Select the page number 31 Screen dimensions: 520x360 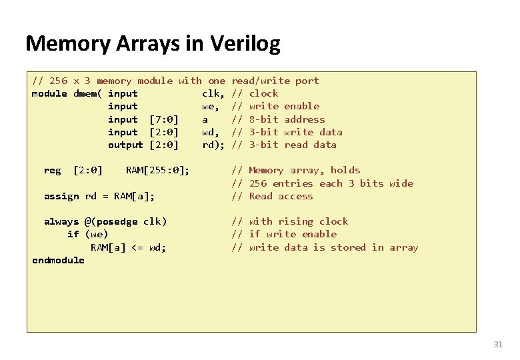point(497,345)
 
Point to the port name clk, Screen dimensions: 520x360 point(213,93)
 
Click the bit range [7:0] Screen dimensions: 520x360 point(164,119)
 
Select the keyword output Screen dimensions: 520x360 point(125,145)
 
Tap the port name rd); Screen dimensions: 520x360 point(213,145)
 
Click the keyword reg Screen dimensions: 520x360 point(52,170)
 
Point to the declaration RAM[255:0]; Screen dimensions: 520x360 point(157,170)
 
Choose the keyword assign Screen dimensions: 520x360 point(61,196)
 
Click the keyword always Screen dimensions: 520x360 point(61,221)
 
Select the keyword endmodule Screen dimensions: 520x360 point(58,260)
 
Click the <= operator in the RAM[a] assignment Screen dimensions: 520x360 point(137,247)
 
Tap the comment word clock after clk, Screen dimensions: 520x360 point(263,93)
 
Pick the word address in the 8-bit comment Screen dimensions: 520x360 point(304,119)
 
